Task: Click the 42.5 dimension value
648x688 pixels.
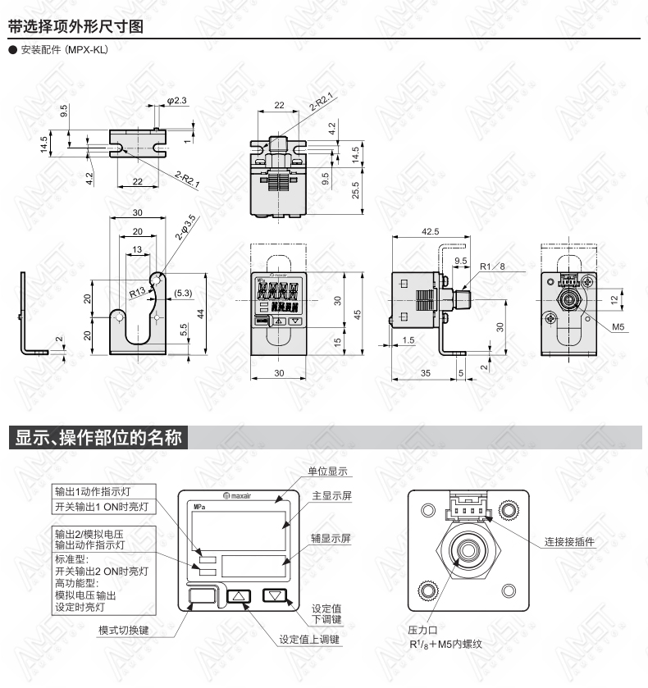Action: pos(430,231)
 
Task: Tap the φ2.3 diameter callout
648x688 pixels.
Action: pos(176,101)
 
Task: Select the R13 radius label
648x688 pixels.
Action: pos(137,292)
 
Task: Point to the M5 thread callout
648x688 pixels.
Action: pos(618,327)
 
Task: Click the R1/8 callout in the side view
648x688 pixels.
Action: pos(492,267)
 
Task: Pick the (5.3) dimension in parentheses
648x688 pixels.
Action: pos(183,293)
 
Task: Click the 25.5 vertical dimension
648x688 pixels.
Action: pos(356,190)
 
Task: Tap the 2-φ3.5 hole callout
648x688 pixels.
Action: pos(185,227)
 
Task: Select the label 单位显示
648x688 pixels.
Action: pos(327,472)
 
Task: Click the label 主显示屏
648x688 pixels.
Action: pos(332,496)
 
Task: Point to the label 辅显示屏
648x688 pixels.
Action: pos(331,539)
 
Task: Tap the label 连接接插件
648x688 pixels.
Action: pos(569,542)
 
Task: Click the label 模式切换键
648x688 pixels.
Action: pos(123,630)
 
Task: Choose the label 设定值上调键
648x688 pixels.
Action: pos(309,640)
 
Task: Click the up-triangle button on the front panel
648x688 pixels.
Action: pos(239,596)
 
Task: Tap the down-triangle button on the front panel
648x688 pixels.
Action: pos(275,595)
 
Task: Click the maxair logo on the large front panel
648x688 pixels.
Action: pos(237,496)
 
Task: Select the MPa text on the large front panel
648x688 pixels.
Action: pos(200,507)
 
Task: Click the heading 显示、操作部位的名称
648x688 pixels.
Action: pos(98,437)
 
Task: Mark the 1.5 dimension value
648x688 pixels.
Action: pos(408,340)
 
